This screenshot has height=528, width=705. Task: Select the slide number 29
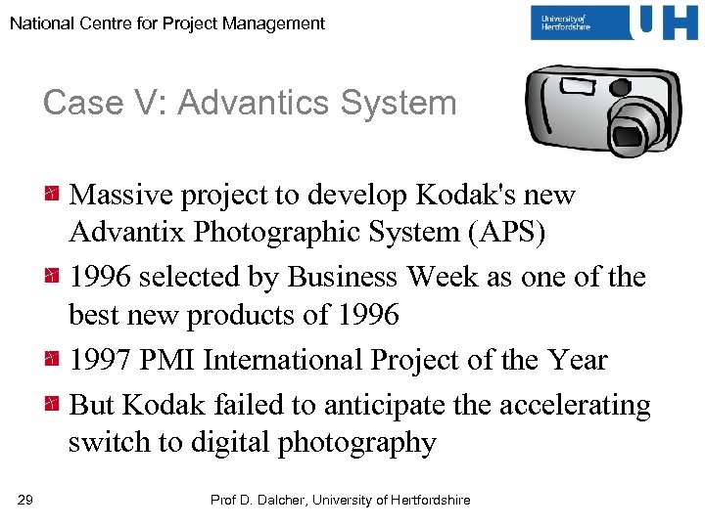[25, 501]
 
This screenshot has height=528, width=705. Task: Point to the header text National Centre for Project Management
[167, 22]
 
